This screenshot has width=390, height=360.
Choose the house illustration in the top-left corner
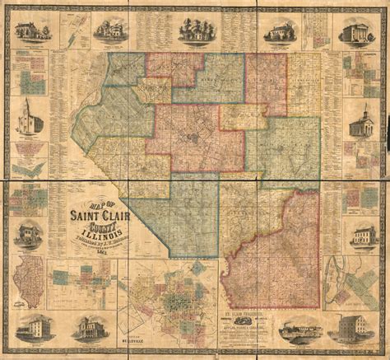pos(30,30)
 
